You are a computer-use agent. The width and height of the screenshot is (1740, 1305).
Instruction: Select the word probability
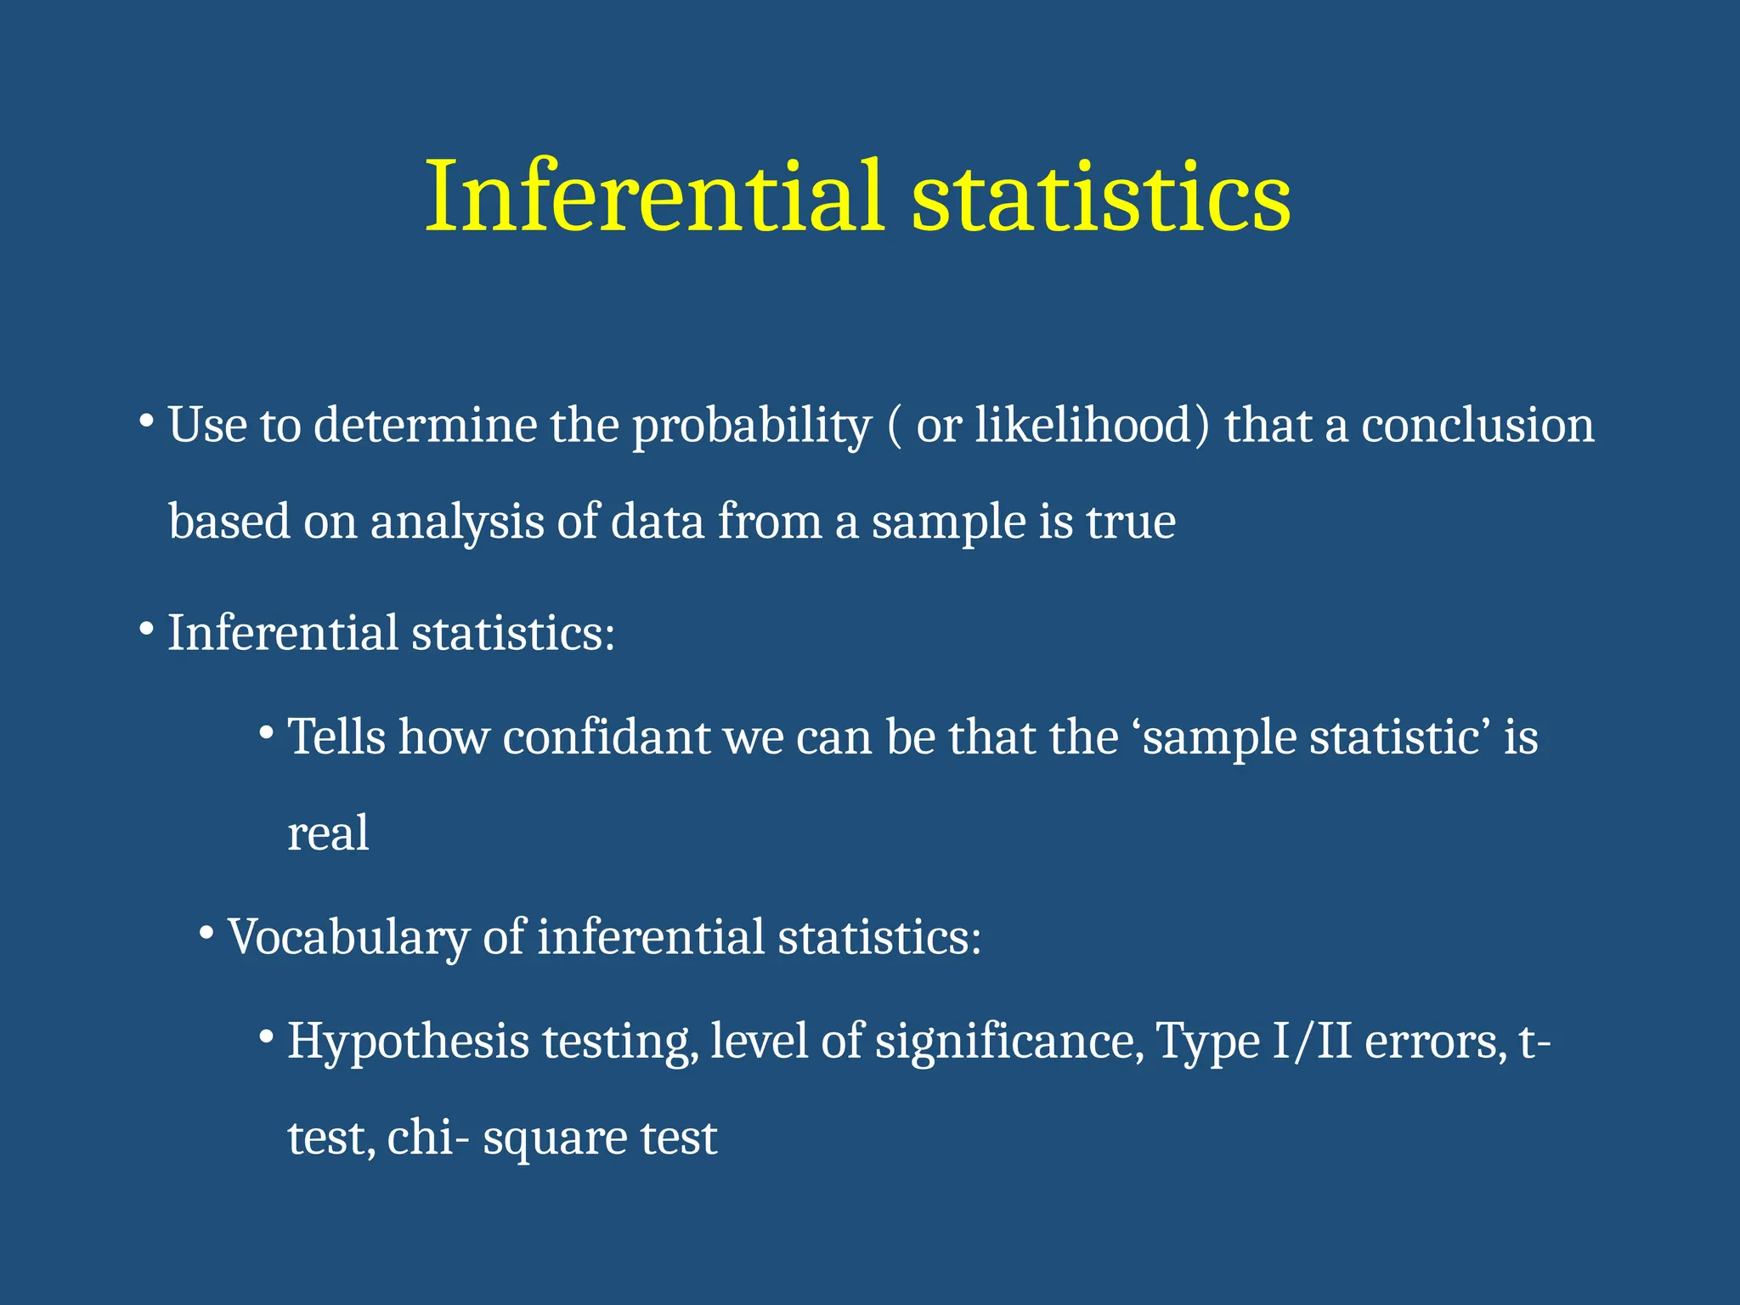(x=751, y=427)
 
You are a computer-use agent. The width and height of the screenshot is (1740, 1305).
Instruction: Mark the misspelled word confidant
(x=606, y=737)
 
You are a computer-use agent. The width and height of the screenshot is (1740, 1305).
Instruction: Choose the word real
(x=328, y=833)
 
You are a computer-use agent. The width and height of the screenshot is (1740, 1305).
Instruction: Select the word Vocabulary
(x=347, y=938)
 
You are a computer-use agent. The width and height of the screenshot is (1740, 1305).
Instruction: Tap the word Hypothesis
(x=408, y=1043)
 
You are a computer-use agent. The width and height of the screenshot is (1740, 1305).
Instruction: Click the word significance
(x=1009, y=1042)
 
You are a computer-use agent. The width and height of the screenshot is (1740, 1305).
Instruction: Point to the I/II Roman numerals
(x=1312, y=1042)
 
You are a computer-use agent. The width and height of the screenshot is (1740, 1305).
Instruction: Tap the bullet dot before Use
(x=146, y=421)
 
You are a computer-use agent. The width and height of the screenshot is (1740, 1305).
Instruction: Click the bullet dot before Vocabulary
(x=206, y=934)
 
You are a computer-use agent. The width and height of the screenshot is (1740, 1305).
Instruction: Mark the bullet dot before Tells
(x=267, y=732)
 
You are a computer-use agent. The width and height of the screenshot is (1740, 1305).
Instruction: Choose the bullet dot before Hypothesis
(x=267, y=1037)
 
